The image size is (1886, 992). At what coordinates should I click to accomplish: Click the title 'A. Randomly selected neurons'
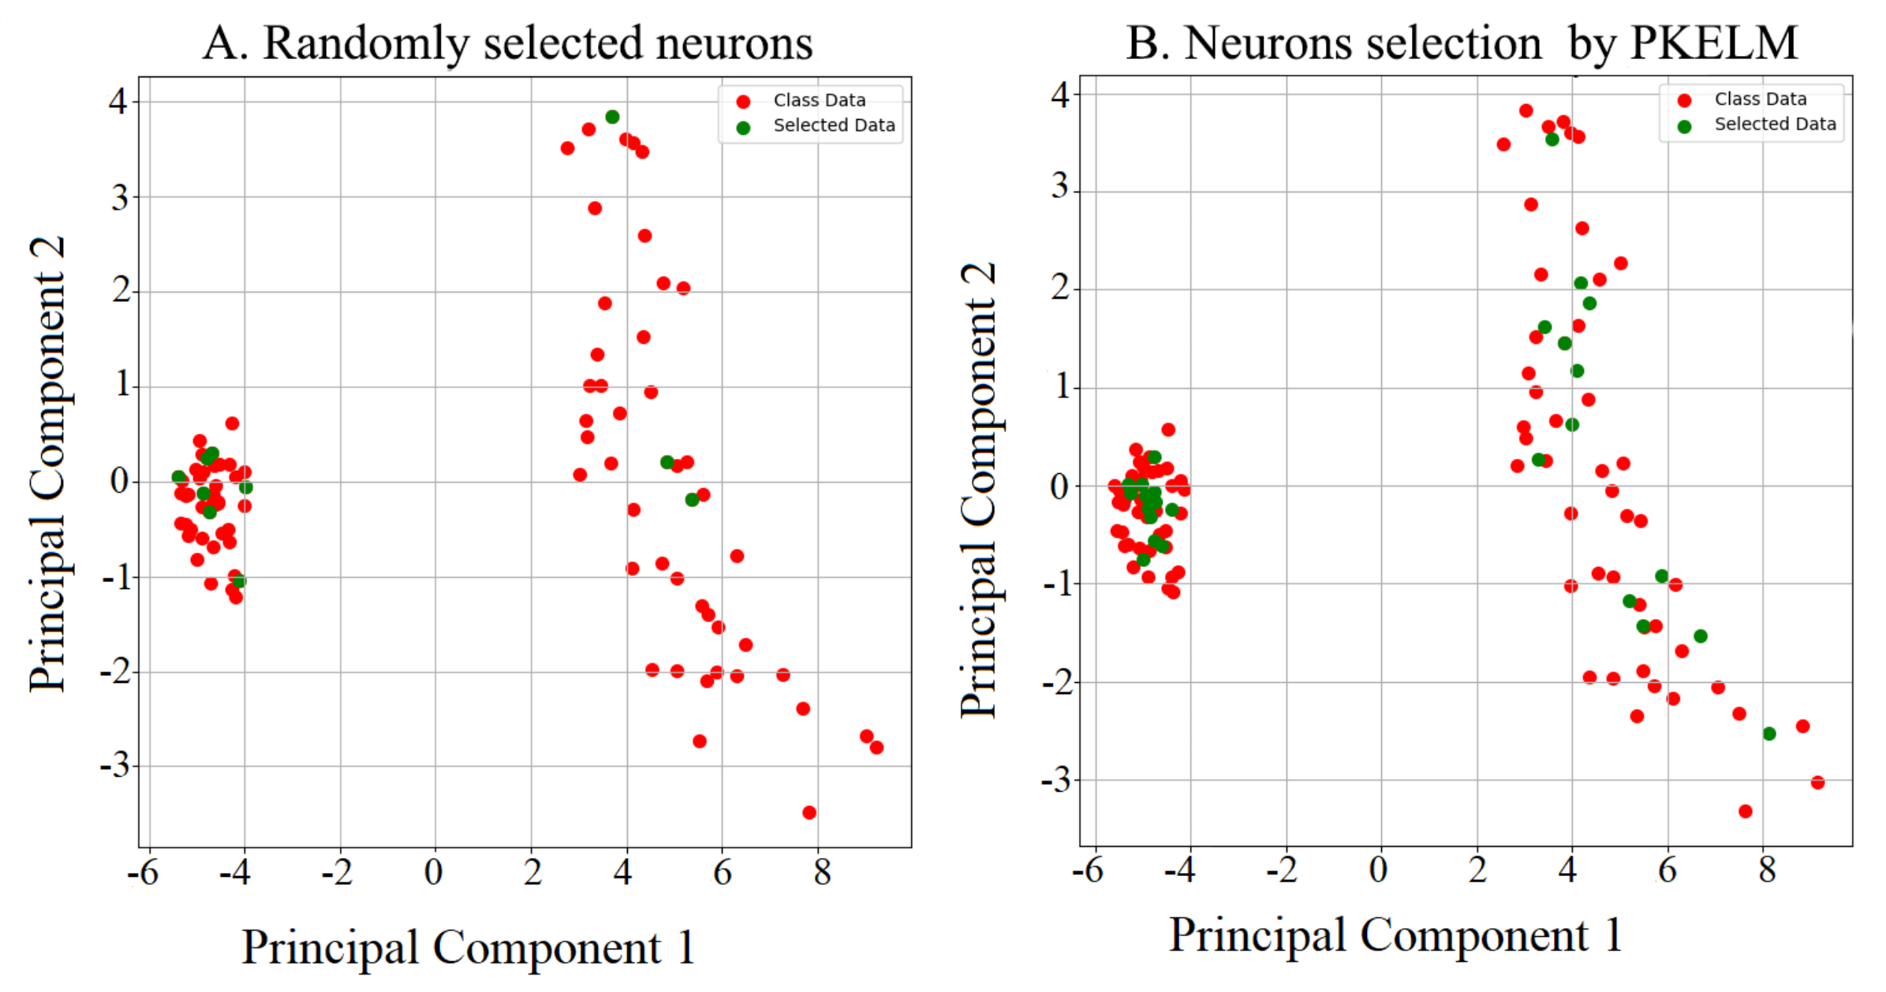(x=507, y=43)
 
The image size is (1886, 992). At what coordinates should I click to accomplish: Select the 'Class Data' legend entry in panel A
(x=819, y=100)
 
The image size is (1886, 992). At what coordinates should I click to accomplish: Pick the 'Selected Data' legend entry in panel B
(x=1774, y=124)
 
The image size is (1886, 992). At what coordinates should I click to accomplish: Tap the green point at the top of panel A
(x=612, y=117)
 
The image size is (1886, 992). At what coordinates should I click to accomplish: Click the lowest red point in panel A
(x=809, y=812)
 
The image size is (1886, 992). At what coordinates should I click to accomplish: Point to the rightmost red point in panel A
(x=876, y=747)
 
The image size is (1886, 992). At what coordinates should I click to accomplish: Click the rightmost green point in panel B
(x=1769, y=733)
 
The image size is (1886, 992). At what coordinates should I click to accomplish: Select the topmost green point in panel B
(x=1552, y=139)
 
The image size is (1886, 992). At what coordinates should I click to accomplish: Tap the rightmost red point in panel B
(x=1818, y=782)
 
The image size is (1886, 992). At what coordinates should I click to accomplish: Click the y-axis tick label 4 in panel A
(x=118, y=101)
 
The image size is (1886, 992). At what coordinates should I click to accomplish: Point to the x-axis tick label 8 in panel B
(x=1768, y=870)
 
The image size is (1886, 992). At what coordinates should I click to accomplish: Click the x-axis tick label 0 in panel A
(x=433, y=872)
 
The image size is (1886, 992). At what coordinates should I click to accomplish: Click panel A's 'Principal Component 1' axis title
(x=468, y=947)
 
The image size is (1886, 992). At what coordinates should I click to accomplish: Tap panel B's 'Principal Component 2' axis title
(x=979, y=489)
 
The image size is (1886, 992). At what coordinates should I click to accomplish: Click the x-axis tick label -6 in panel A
(x=143, y=872)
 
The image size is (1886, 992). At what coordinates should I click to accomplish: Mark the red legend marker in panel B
(x=1684, y=100)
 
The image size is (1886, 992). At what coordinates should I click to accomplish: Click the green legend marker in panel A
(x=743, y=127)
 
